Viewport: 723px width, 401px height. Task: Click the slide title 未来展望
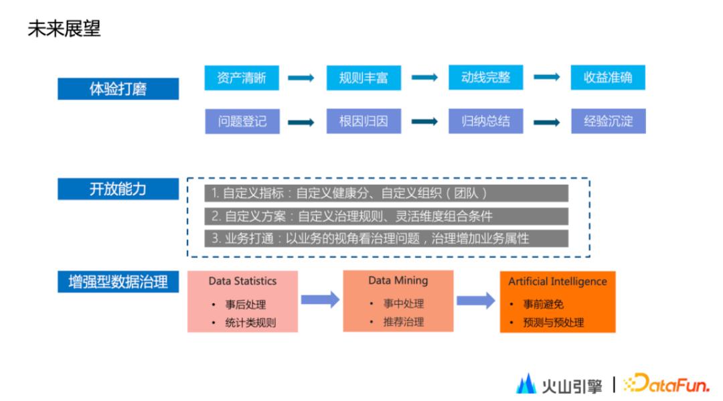[x=64, y=29]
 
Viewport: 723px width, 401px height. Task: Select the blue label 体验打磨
[x=118, y=89]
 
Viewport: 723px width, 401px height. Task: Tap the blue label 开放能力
[x=118, y=189]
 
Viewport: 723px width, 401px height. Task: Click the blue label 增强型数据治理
[x=118, y=282]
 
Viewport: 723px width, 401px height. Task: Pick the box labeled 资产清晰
[x=241, y=78]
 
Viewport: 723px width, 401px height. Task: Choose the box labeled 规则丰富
[x=364, y=78]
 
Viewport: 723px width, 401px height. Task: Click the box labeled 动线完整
[x=485, y=78]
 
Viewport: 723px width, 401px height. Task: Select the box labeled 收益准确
[x=608, y=78]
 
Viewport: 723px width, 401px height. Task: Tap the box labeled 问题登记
[x=242, y=122]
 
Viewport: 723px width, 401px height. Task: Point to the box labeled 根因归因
[x=364, y=122]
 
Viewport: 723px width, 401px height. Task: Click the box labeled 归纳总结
[x=485, y=122]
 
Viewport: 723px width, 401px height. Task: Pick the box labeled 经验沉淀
[x=609, y=122]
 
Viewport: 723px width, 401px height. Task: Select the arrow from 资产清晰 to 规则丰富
[x=301, y=78]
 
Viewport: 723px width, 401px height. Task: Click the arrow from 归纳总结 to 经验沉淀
[x=546, y=123]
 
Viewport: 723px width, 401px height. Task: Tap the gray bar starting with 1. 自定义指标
[x=386, y=193]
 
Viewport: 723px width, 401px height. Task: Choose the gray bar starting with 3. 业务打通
[x=386, y=238]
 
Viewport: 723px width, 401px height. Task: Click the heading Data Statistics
[x=242, y=281]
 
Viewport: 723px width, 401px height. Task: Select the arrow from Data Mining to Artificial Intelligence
[x=475, y=301]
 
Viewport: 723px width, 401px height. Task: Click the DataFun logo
[x=666, y=384]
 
